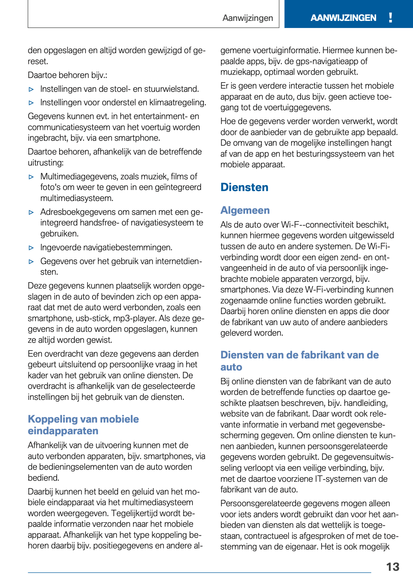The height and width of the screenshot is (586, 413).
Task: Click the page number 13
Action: [392, 567]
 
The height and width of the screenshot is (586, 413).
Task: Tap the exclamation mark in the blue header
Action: [390, 17]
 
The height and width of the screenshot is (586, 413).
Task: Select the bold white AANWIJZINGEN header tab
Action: [343, 18]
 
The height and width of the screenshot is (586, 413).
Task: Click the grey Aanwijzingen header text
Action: [247, 18]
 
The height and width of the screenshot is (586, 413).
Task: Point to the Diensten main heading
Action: [244, 187]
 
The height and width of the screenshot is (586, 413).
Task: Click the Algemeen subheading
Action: [245, 210]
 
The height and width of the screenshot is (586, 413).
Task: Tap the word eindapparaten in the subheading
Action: [63, 431]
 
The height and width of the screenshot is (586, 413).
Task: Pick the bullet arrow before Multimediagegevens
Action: [31, 177]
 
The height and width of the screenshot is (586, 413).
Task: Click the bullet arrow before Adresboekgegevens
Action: [31, 212]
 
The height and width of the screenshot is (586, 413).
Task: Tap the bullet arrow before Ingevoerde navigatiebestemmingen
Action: [31, 248]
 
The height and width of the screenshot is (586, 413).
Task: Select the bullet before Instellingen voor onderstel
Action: [31, 103]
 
